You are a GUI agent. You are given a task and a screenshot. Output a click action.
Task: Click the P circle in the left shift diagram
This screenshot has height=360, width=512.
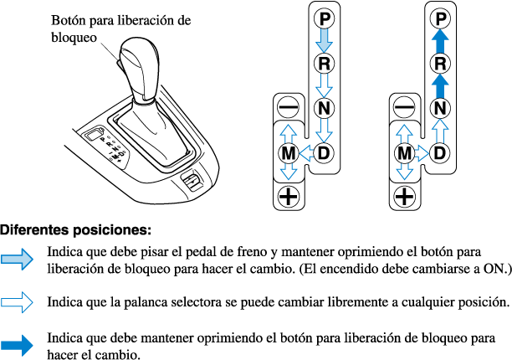(x=324, y=18)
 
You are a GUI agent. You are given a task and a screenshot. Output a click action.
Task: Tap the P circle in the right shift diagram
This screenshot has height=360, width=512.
(x=442, y=18)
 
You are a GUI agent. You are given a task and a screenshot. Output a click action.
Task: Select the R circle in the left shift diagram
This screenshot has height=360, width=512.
(x=324, y=63)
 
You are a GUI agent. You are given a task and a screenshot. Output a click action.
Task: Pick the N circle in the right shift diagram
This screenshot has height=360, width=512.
(x=442, y=108)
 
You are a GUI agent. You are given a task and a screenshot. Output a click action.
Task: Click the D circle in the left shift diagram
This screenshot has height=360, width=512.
(x=324, y=152)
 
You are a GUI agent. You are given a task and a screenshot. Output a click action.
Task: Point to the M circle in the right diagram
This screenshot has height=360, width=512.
(x=405, y=152)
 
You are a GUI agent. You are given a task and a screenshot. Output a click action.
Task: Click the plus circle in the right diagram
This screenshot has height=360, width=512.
(x=405, y=198)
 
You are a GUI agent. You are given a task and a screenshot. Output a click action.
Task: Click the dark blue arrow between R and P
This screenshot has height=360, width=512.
(x=442, y=40)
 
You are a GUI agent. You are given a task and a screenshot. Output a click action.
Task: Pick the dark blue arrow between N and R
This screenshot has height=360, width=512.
(x=442, y=85)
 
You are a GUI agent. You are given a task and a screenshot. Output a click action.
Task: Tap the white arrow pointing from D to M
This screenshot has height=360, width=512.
(x=305, y=152)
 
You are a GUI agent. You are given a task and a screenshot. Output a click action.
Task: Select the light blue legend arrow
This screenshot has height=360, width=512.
(x=18, y=260)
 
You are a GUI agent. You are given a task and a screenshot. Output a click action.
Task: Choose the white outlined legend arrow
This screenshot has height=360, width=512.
(x=18, y=301)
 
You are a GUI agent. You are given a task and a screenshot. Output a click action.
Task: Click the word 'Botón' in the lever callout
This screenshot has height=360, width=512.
(x=69, y=19)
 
